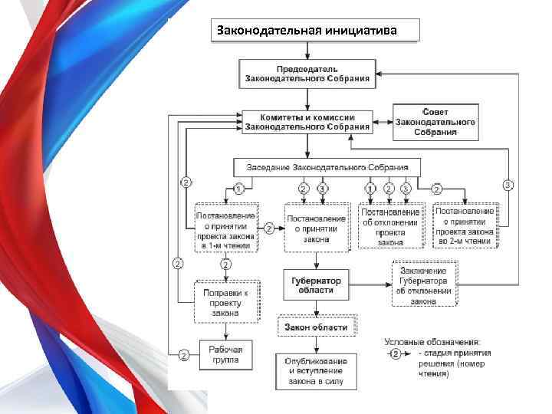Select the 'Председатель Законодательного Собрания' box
[307, 74]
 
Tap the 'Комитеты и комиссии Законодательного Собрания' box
[307, 121]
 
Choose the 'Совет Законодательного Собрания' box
[435, 122]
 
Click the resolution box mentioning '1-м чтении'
[227, 226]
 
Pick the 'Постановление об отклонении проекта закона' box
[391, 226]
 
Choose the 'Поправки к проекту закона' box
[227, 302]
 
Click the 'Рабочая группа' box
[225, 354]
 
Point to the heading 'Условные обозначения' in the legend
[432, 342]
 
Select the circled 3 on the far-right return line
[508, 185]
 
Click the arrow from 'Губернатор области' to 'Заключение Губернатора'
[369, 284]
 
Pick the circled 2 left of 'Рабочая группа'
[184, 355]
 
